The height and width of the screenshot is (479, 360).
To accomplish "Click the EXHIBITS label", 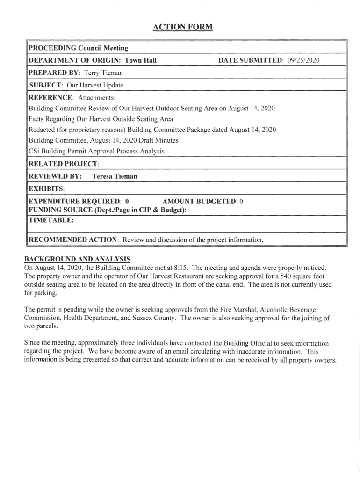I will click(x=46, y=189).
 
